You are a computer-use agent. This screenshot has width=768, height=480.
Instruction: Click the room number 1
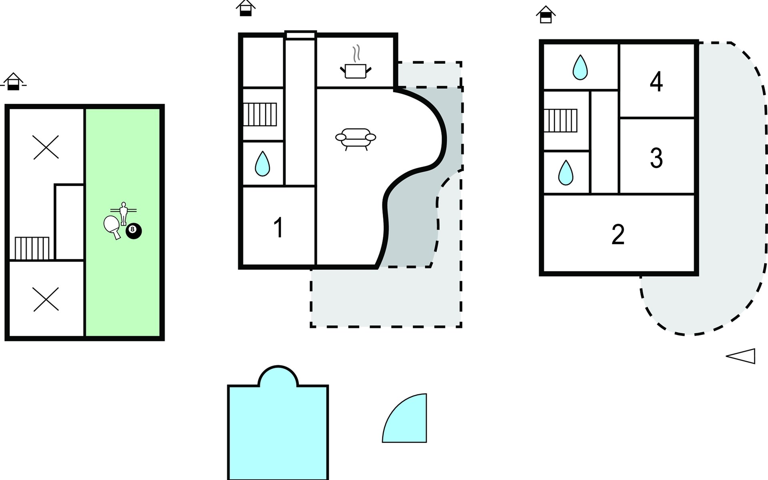click(278, 228)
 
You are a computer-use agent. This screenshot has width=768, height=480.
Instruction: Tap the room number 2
click(618, 234)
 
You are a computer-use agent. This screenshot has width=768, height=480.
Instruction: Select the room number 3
click(656, 158)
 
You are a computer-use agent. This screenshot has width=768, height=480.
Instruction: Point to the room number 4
click(656, 82)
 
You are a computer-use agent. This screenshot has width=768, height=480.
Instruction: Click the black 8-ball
click(134, 231)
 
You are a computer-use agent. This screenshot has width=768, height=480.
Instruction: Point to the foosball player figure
click(124, 213)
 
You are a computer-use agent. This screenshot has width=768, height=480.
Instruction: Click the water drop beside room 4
click(580, 67)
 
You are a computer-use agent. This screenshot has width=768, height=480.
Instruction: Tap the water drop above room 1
click(262, 163)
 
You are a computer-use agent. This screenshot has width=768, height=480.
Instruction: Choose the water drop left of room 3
click(566, 172)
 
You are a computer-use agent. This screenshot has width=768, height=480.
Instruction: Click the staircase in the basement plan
click(32, 248)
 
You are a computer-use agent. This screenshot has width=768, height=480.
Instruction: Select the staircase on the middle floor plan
click(260, 114)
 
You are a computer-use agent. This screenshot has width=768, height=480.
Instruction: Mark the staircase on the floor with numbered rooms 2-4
click(560, 120)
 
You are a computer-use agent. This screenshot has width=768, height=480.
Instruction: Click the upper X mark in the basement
click(46, 147)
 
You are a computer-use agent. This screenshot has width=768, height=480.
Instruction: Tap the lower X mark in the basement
click(46, 299)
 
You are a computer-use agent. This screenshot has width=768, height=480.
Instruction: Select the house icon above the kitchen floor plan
click(246, 8)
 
